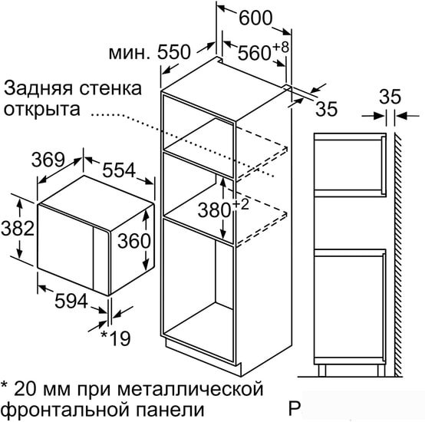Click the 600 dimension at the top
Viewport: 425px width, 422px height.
pyautogui.click(x=255, y=18)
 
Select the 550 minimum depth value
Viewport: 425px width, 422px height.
pyautogui.click(x=174, y=52)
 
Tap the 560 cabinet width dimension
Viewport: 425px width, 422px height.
pyautogui.click(x=255, y=53)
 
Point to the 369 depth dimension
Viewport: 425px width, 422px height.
pyautogui.click(x=48, y=160)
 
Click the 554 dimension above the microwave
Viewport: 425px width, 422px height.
pyautogui.click(x=119, y=170)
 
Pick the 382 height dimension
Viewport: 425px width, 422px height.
pyautogui.click(x=18, y=228)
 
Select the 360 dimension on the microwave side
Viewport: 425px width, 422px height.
pyautogui.click(x=134, y=241)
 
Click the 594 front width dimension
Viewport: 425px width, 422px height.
pyautogui.click(x=71, y=301)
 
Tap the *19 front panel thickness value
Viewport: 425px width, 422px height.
pyautogui.click(x=116, y=338)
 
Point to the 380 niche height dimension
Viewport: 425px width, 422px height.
pyautogui.click(x=214, y=210)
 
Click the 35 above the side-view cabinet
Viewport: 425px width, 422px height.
pyautogui.click(x=390, y=97)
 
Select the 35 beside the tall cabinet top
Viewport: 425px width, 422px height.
pyautogui.click(x=327, y=109)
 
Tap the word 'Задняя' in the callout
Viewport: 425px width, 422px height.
pyautogui.click(x=38, y=89)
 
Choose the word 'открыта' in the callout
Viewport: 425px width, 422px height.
pyautogui.click(x=42, y=109)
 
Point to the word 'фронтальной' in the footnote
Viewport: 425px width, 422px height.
pyautogui.click(x=67, y=410)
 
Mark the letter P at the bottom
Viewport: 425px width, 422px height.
pyautogui.click(x=294, y=408)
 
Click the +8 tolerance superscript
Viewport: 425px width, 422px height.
pyautogui.click(x=281, y=47)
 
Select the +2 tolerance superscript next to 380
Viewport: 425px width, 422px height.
pyautogui.click(x=240, y=205)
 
